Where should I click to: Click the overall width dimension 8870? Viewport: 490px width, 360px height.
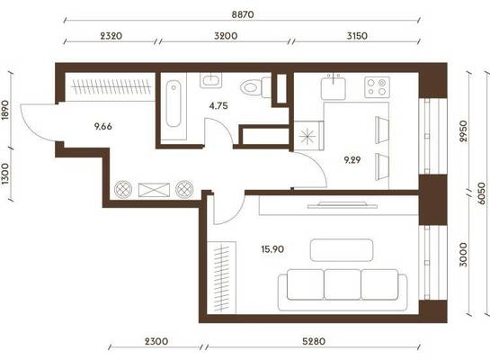pos(243,14)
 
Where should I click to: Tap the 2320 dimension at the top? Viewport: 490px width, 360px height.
pos(111,36)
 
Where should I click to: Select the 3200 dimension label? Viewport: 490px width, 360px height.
pos(226,36)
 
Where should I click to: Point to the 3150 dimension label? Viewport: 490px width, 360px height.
pos(357,36)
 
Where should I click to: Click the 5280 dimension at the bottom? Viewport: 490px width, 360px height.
pos(314,341)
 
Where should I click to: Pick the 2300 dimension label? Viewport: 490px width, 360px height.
pos(156,341)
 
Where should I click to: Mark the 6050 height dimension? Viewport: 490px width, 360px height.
pos(482,193)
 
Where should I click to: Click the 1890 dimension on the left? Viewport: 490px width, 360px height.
pos(5,110)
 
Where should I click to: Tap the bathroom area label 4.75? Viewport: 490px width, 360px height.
pos(218,105)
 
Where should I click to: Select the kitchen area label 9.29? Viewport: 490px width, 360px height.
pos(352,160)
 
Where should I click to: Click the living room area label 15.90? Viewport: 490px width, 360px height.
pos(272,249)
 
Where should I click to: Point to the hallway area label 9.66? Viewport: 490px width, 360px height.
pos(102,127)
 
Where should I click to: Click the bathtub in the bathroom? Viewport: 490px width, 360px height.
pos(174,103)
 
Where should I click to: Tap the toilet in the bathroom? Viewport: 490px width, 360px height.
pos(255,87)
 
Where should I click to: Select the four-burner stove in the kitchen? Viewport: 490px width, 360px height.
pos(378,87)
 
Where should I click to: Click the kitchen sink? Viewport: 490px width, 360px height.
pos(334,87)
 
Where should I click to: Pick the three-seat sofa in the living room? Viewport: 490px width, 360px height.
pos(343,290)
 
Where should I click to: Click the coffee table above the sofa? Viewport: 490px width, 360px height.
pos(342,250)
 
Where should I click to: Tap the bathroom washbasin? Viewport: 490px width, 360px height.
pos(211,80)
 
